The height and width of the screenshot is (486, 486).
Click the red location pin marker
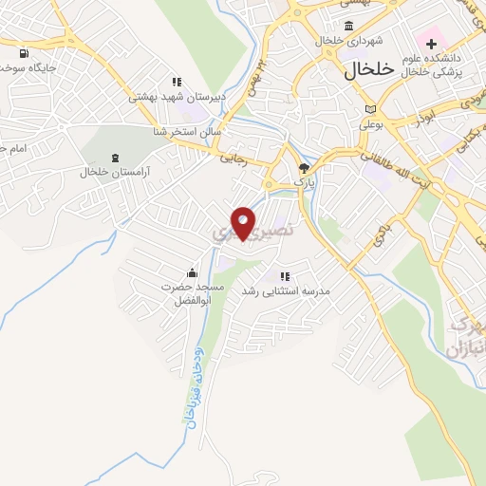244,223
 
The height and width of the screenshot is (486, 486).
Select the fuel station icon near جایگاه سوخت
23,53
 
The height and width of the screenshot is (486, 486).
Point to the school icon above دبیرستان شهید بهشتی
176,82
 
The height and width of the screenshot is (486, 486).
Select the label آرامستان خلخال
117,173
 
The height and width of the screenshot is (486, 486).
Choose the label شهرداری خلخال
346,41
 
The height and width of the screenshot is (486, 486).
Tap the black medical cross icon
432,43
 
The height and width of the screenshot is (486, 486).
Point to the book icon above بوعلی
370,109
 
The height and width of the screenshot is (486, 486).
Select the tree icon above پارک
304,166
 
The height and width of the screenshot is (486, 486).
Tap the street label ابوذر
424,117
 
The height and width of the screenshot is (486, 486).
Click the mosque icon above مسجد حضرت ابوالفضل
193,272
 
